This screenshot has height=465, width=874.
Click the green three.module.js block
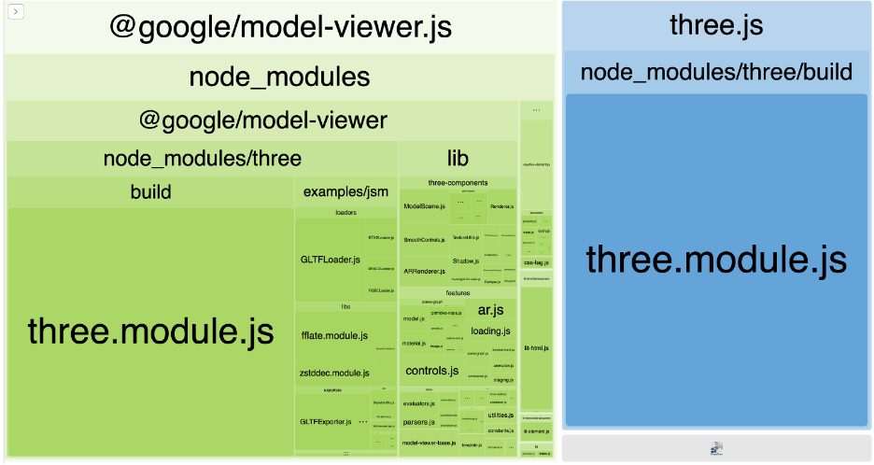click(150, 331)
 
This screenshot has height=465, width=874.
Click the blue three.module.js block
click(716, 259)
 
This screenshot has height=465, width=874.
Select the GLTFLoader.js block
click(331, 259)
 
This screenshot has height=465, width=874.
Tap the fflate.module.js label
click(334, 335)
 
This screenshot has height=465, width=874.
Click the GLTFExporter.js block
click(324, 422)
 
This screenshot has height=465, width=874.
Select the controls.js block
click(431, 371)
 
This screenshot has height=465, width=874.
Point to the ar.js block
click(490, 310)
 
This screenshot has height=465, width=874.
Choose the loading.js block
click(490, 331)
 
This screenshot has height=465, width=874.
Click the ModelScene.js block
click(424, 205)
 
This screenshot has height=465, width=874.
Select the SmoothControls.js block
click(424, 240)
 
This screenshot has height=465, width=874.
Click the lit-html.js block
click(536, 347)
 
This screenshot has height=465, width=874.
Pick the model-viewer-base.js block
click(430, 443)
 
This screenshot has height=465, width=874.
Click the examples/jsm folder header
click(345, 192)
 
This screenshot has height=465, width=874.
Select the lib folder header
click(458, 158)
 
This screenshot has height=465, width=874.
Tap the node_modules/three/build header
click(716, 72)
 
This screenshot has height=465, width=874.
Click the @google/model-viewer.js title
click(280, 26)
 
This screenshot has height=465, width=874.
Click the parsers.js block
click(416, 422)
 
